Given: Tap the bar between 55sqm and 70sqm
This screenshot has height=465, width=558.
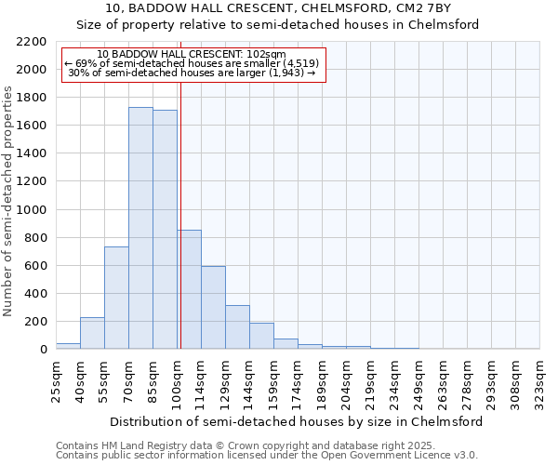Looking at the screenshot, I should tap(116, 298).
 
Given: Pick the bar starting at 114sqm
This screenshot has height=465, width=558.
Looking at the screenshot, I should tap(213, 308).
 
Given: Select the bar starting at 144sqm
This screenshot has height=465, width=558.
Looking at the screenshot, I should tap(261, 336).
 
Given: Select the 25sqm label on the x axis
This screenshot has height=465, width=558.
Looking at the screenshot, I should tap(56, 379).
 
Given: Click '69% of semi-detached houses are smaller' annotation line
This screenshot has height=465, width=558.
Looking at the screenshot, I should tap(193, 63).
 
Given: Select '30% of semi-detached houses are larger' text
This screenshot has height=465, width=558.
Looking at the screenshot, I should tap(193, 73).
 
